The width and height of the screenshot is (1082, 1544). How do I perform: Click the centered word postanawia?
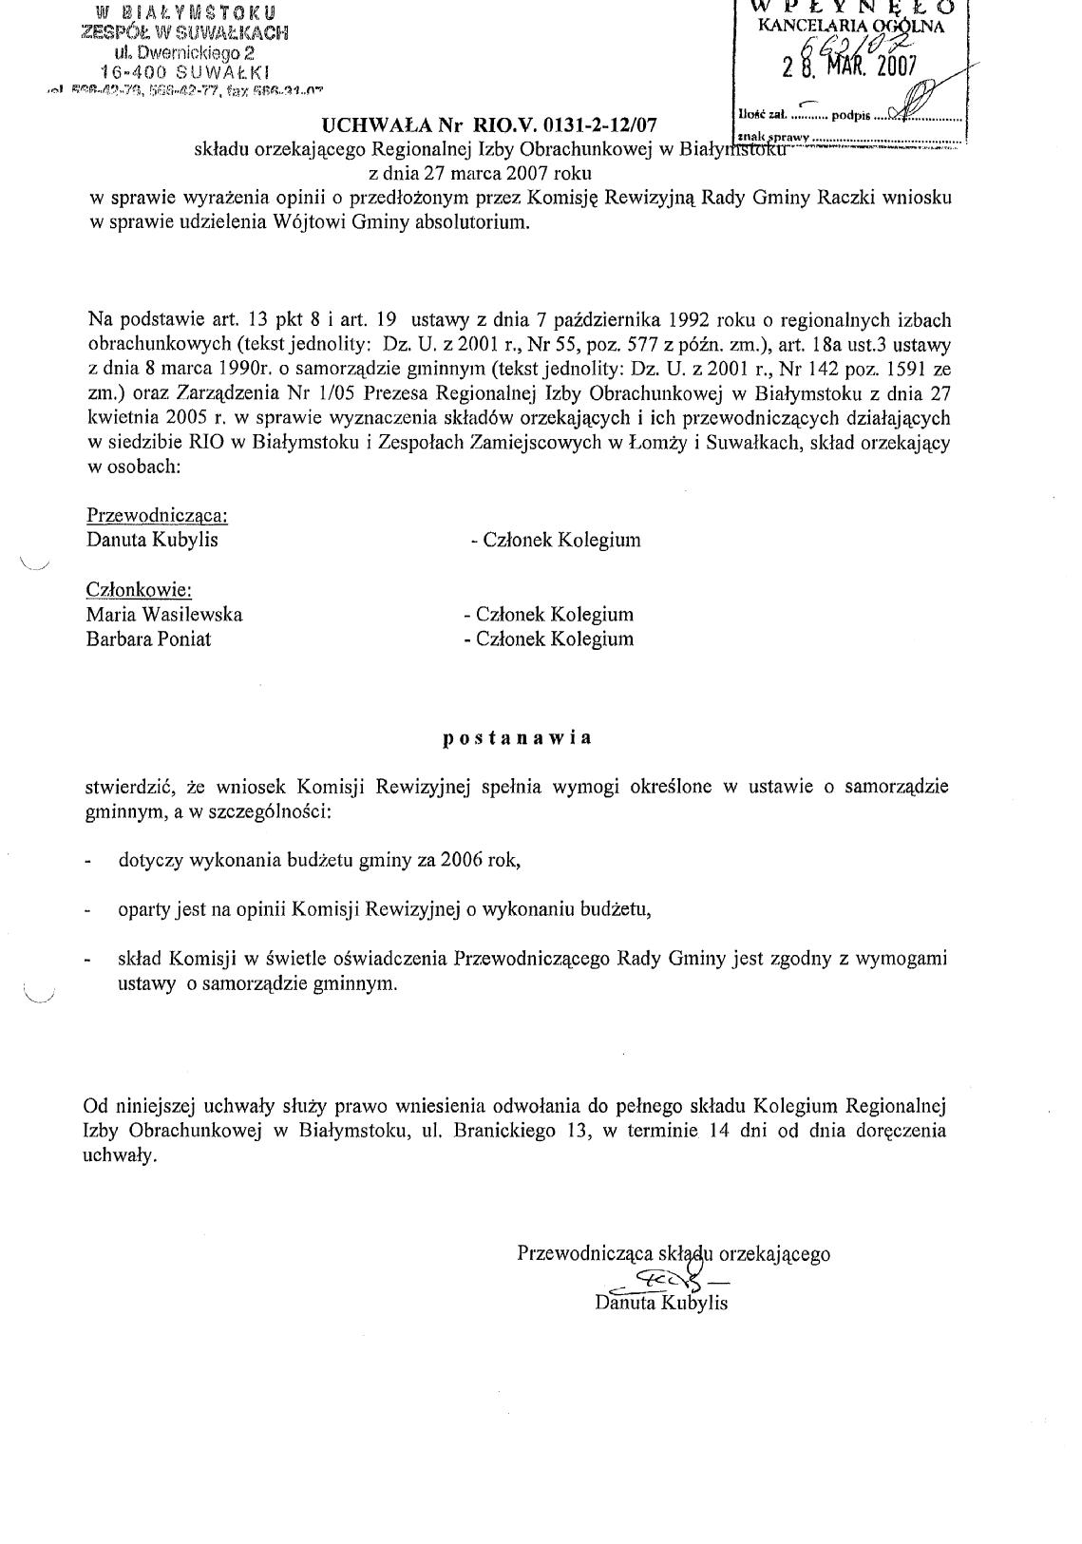(518, 738)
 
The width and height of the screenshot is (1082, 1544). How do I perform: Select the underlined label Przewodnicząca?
(157, 515)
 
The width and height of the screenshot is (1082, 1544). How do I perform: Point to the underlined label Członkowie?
(139, 589)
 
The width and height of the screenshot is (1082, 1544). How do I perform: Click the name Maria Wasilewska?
(164, 614)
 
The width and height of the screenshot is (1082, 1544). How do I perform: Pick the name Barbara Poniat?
(148, 639)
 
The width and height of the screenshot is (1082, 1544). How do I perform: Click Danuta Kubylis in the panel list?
(152, 540)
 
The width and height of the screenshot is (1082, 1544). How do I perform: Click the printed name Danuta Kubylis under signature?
(661, 1303)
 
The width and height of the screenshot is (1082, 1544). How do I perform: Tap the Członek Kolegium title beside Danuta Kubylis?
(557, 540)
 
